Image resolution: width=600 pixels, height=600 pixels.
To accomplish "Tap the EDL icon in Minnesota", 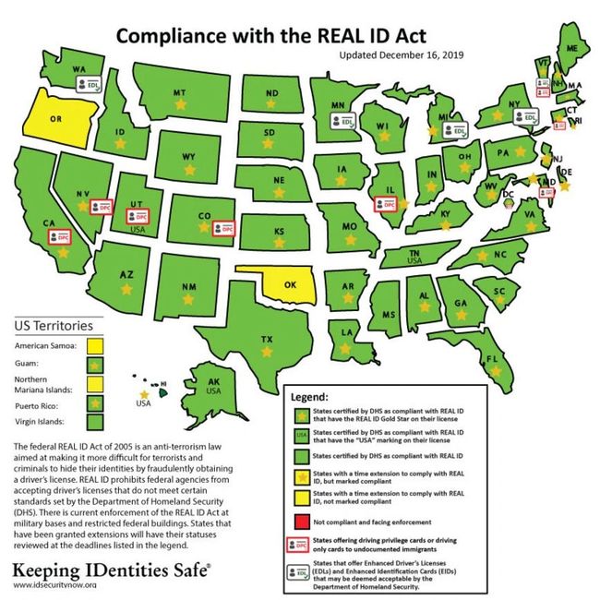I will pos(345,120).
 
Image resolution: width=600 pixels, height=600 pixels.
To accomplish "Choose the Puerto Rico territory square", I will pos(94,403).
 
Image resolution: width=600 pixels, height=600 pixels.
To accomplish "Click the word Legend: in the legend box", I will pos(310,397).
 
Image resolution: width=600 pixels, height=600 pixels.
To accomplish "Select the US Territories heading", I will pos(54,325).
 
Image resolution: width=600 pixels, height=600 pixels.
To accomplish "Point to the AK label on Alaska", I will pos(214,381).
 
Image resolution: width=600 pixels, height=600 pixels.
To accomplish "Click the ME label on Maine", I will pos(572,48).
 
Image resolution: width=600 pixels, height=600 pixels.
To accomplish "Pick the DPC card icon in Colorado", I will pos(222,227).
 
